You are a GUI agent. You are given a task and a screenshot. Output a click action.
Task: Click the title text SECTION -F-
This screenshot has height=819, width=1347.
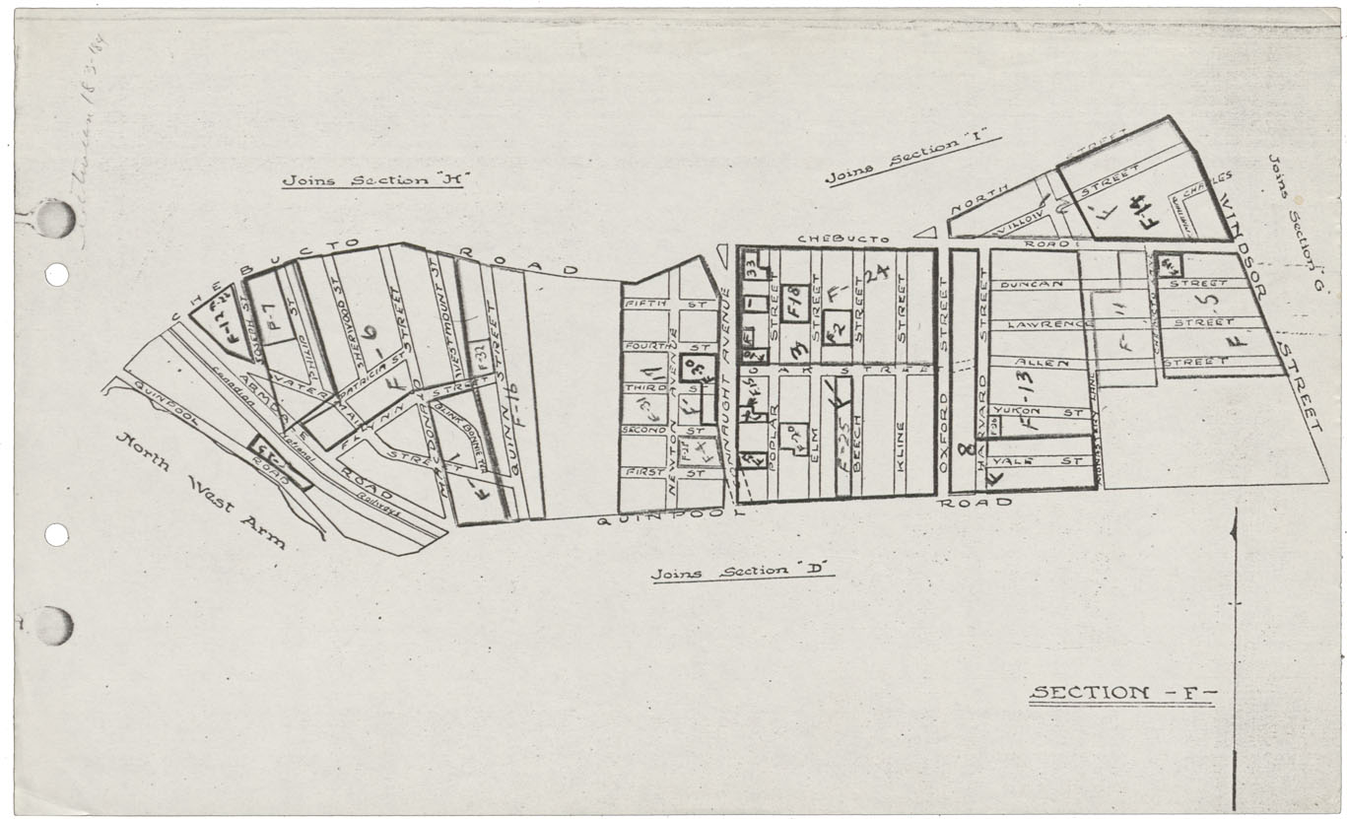(1122, 693)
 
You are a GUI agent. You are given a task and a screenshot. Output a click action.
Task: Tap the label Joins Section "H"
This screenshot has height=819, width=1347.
(373, 180)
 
